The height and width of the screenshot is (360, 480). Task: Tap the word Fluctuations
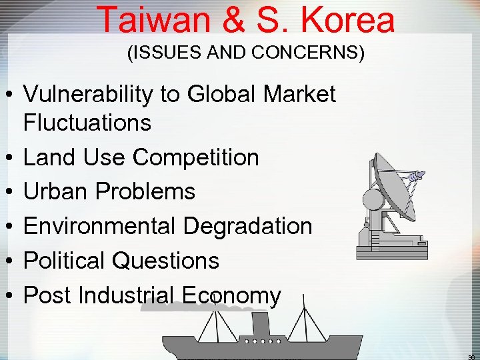pyautogui.click(x=87, y=123)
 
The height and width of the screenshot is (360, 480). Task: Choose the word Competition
pyautogui.click(x=195, y=157)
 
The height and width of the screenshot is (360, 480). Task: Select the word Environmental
pyautogui.click(x=100, y=226)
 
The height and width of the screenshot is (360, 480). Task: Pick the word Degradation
pyautogui.click(x=247, y=226)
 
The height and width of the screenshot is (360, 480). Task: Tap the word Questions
pyautogui.click(x=166, y=261)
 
